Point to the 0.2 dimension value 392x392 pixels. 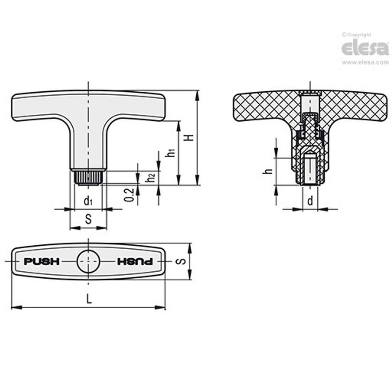[130, 195]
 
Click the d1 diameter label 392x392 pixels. [88, 201]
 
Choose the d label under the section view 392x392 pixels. [310, 201]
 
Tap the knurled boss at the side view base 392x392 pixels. [88, 177]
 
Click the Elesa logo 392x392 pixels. [365, 48]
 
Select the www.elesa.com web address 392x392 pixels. [365, 62]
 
